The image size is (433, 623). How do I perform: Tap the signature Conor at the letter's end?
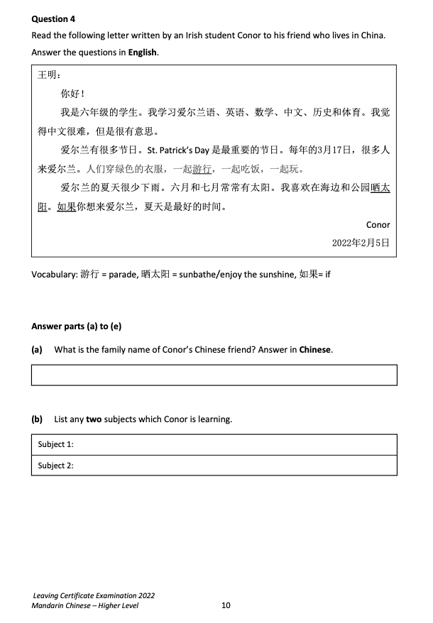378,225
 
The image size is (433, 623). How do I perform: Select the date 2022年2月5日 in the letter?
361,243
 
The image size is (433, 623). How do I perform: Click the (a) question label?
37,350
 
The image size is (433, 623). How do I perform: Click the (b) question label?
37,419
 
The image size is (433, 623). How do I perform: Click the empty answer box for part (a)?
214,375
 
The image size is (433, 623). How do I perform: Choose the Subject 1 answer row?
214,444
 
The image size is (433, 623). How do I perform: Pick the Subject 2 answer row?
214,465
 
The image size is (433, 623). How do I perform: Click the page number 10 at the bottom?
226,605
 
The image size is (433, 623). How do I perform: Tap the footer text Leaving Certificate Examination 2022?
94,595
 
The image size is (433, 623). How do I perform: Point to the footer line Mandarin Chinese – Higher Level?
85,605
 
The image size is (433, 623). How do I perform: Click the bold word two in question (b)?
94,419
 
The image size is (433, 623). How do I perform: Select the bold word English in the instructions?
142,53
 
